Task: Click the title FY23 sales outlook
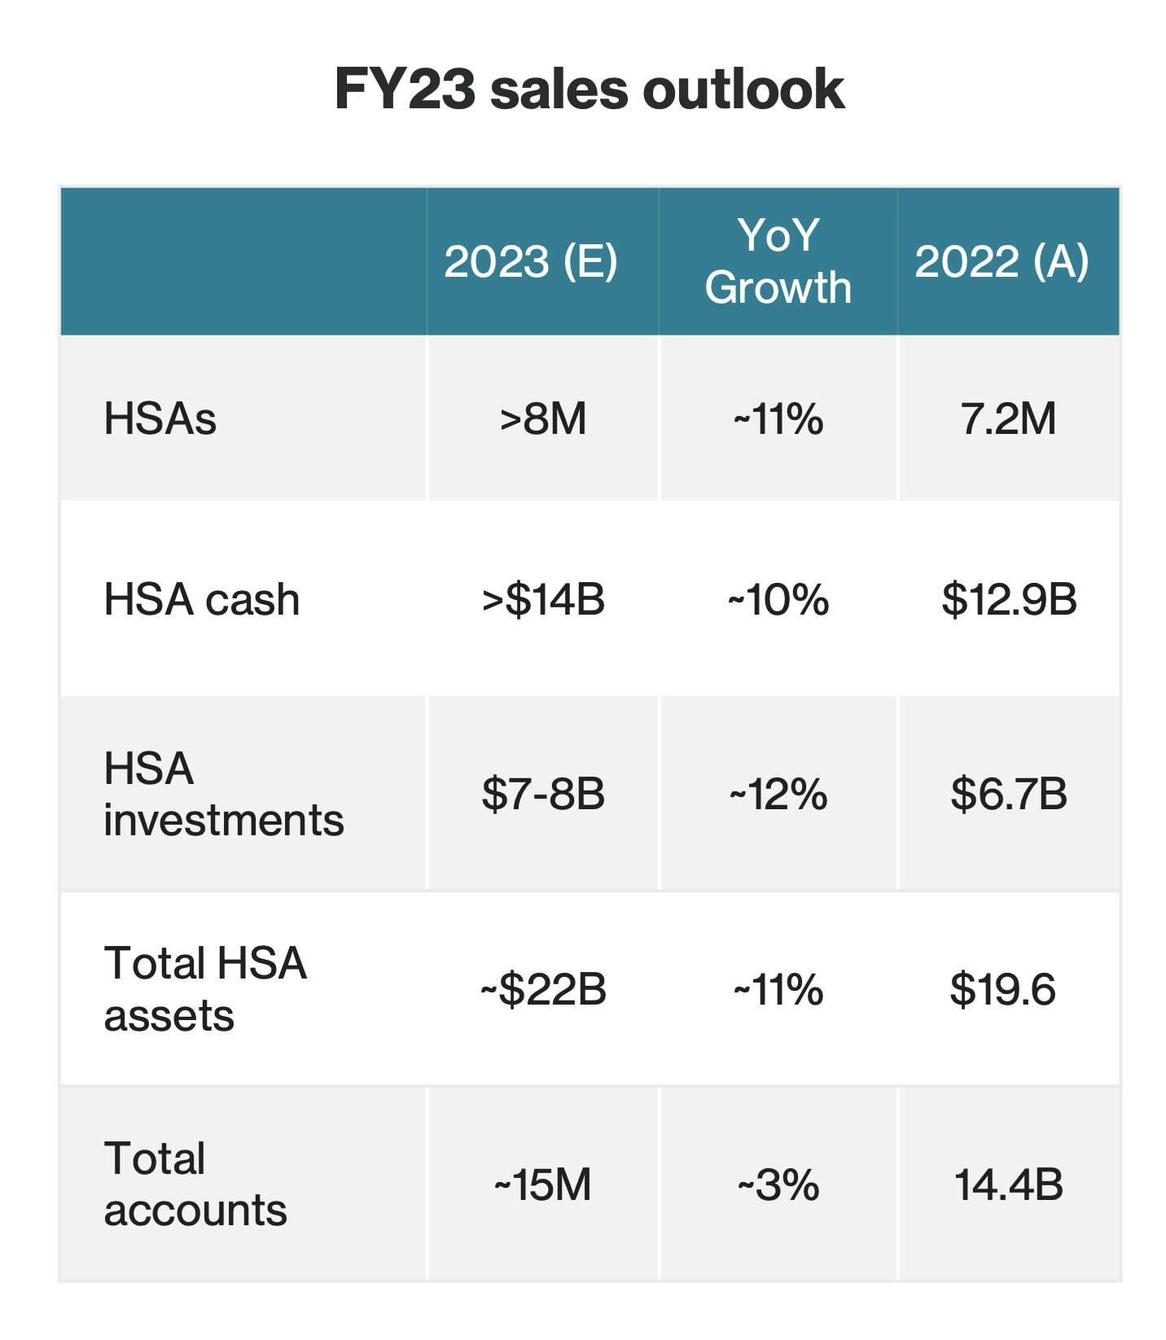pyautogui.click(x=590, y=90)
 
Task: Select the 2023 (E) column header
pyautogui.click(x=530, y=261)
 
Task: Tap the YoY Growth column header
pyautogui.click(x=778, y=261)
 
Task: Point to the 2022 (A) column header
pyautogui.click(x=1001, y=261)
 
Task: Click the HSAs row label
pyautogui.click(x=160, y=419)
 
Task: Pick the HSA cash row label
pyautogui.click(x=202, y=599)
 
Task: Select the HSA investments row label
pyautogui.click(x=223, y=794)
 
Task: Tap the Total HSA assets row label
pyautogui.click(x=205, y=989)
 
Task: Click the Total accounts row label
pyautogui.click(x=195, y=1185)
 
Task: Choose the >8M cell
pyautogui.click(x=543, y=419)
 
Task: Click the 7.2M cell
pyautogui.click(x=1008, y=419)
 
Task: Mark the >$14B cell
pyautogui.click(x=543, y=599)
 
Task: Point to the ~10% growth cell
pyautogui.click(x=778, y=600)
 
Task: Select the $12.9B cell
pyautogui.click(x=1009, y=599)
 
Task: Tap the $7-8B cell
pyautogui.click(x=543, y=794)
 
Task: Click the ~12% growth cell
pyautogui.click(x=778, y=795)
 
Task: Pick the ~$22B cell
pyautogui.click(x=543, y=989)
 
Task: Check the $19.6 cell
pyautogui.click(x=1002, y=989)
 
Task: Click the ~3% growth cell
pyautogui.click(x=778, y=1185)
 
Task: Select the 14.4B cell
pyautogui.click(x=1008, y=1185)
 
